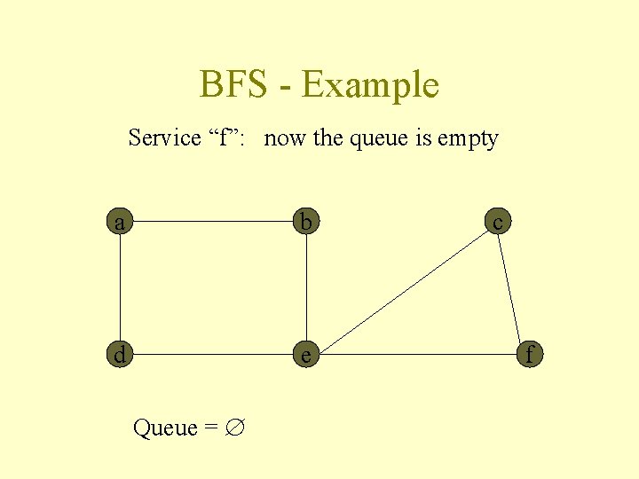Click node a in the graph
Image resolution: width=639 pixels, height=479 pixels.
[119, 222]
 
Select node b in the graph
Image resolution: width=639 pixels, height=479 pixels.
[306, 222]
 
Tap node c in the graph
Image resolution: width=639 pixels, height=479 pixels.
[497, 222]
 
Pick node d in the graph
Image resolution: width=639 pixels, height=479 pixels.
[119, 354]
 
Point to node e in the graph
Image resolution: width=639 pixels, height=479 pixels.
[306, 354]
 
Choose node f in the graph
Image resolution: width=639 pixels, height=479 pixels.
[530, 354]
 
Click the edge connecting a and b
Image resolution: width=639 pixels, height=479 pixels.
[213, 222]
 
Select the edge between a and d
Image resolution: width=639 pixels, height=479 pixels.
[119, 288]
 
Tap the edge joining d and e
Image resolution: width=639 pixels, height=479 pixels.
[213, 354]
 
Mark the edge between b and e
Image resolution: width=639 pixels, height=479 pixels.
[306, 288]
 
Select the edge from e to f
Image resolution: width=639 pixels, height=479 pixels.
[417, 354]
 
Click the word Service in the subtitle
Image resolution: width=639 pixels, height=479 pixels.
[165, 138]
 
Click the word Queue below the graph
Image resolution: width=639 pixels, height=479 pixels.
[165, 428]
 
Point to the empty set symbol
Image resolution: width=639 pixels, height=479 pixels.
[235, 428]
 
